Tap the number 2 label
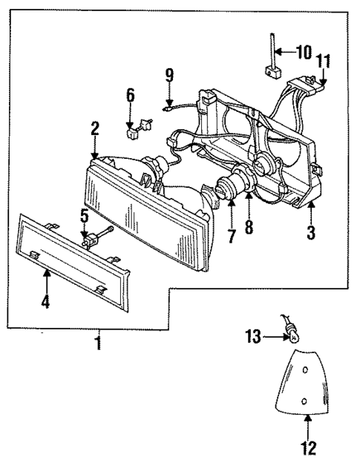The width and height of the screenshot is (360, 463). tap(95, 128)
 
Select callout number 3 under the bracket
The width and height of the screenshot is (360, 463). tap(311, 231)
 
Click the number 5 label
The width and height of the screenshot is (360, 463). tap(85, 216)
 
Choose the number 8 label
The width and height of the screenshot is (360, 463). tap(249, 227)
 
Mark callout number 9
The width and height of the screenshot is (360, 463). tap(169, 74)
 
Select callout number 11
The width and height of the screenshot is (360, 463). tap(322, 61)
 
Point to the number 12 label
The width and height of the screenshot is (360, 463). tap(308, 447)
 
